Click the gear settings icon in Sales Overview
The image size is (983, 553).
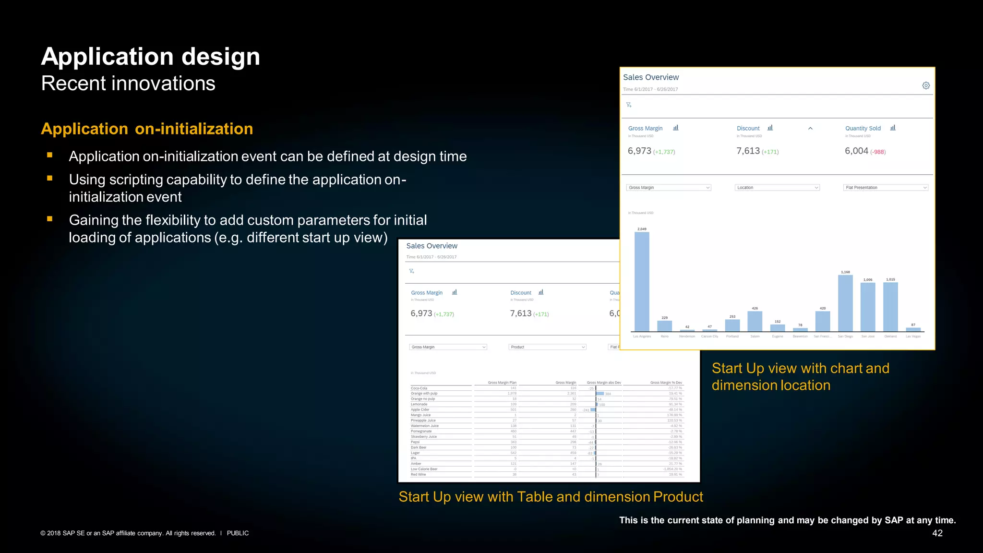[x=926, y=85]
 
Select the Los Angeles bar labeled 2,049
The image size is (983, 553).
[x=642, y=281]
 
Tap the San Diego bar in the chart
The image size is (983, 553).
[x=845, y=303]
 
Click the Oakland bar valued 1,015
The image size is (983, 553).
[x=890, y=307]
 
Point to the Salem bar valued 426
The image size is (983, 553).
[x=755, y=321]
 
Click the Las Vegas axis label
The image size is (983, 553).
[x=913, y=337]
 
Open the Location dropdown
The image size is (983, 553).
[x=777, y=188]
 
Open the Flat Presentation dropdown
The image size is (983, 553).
[x=885, y=188]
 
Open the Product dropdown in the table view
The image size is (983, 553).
[x=547, y=347]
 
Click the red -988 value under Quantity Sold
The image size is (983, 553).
[x=878, y=152]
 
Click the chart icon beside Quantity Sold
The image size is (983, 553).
[x=893, y=128]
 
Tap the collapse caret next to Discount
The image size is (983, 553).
[x=810, y=128]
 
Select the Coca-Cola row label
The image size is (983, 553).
[x=419, y=388]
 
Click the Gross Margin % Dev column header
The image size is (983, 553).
[x=666, y=383]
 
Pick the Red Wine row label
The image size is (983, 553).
[x=419, y=475]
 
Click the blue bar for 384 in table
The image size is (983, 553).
[x=600, y=394]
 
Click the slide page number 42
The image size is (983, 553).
[x=937, y=533]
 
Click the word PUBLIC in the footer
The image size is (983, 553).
[x=238, y=533]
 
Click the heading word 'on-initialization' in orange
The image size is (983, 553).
[x=194, y=129]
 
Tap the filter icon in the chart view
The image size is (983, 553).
[x=629, y=105]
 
